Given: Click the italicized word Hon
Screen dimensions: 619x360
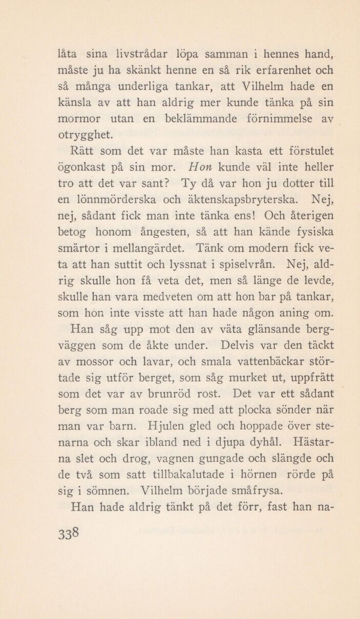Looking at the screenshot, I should [x=197, y=167].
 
